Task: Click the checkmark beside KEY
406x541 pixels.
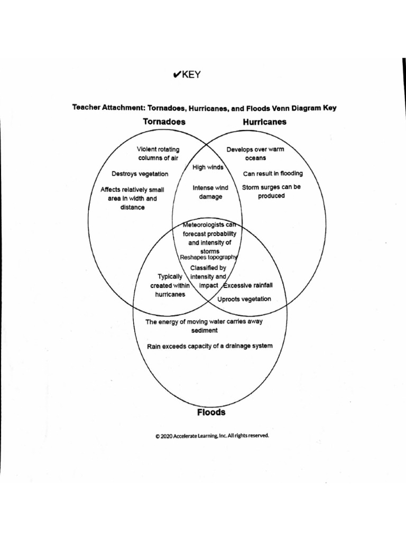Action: click(x=177, y=75)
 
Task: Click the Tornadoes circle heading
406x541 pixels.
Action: click(x=164, y=122)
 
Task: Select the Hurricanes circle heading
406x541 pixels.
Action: click(x=264, y=122)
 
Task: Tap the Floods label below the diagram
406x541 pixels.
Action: click(x=211, y=412)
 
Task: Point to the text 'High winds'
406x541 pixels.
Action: click(x=208, y=167)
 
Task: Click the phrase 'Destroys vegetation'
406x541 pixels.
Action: click(x=140, y=174)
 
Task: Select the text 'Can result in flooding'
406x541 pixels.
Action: click(x=273, y=173)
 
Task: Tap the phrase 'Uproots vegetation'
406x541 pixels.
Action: click(x=244, y=299)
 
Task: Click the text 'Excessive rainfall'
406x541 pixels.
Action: click(x=248, y=286)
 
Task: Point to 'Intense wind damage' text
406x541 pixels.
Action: click(x=210, y=192)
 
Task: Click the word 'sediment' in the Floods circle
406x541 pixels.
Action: click(x=205, y=331)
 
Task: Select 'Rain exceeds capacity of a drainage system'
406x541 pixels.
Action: click(x=210, y=346)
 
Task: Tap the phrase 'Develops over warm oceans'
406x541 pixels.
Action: click(x=255, y=153)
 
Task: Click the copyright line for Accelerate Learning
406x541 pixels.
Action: click(x=212, y=436)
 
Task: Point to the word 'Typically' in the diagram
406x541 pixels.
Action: click(x=170, y=276)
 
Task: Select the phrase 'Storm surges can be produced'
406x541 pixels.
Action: click(x=271, y=191)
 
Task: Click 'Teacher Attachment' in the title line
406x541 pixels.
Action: click(x=108, y=108)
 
